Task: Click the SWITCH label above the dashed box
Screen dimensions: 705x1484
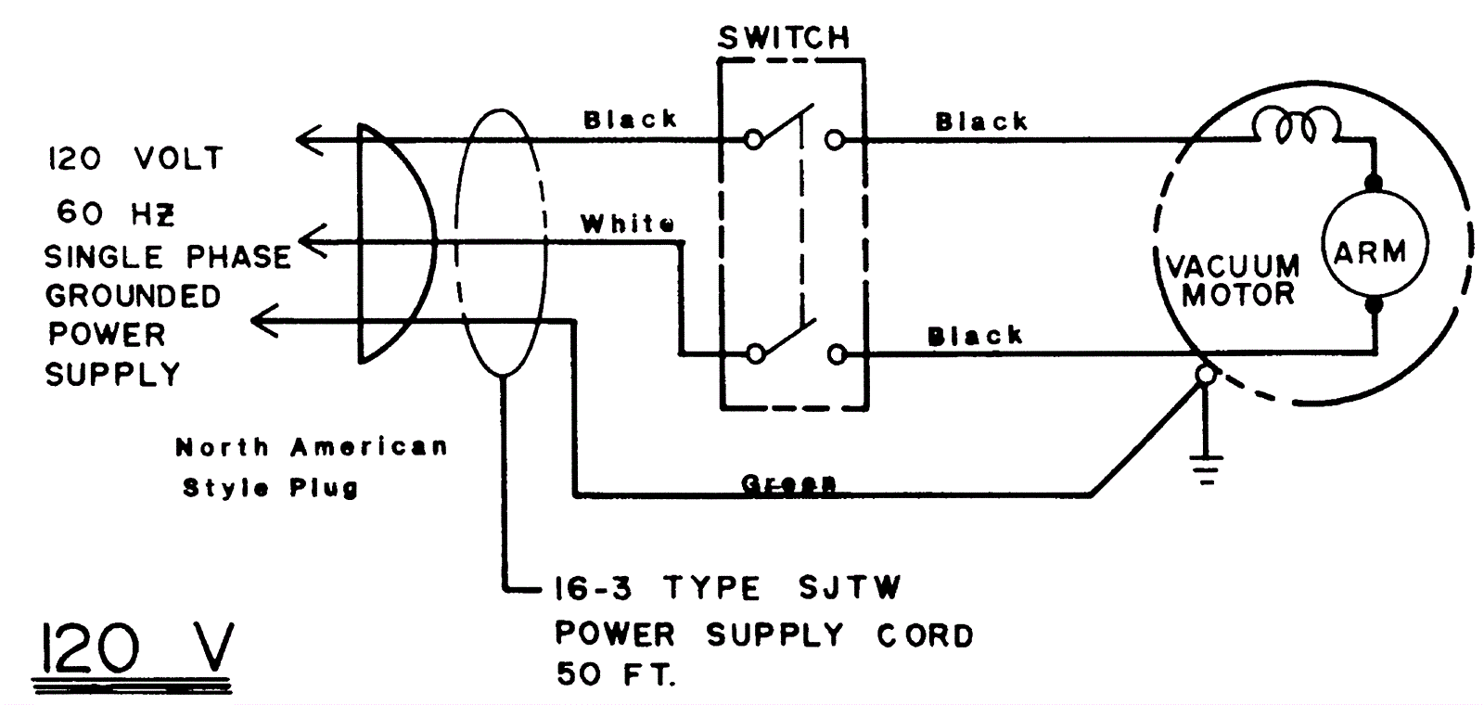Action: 784,38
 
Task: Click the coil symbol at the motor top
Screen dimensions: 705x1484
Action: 1295,126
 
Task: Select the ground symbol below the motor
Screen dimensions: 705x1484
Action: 1205,469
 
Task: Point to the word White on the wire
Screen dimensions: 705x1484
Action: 627,224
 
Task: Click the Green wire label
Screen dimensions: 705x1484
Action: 788,483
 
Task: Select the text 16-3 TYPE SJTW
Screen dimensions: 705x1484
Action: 726,588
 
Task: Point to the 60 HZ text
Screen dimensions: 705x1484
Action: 115,213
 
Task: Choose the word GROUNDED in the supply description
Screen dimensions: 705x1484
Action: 134,297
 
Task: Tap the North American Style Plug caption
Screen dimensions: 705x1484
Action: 312,467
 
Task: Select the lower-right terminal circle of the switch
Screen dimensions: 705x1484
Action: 837,354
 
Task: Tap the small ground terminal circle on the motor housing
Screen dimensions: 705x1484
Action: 1205,374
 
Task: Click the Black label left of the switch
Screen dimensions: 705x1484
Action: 630,120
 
